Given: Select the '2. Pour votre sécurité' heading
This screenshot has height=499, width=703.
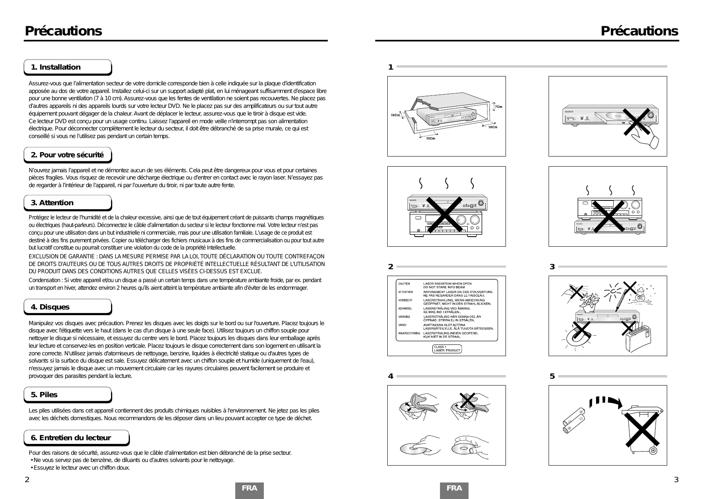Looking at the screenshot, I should (x=67, y=155).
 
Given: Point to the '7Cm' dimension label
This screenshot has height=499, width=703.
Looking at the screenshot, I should (x=498, y=107).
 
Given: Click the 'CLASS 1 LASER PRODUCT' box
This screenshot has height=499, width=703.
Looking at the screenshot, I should (x=447, y=349).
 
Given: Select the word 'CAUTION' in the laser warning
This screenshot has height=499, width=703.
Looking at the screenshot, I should (x=404, y=284).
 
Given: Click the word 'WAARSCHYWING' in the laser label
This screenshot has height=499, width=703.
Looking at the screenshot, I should (x=409, y=333).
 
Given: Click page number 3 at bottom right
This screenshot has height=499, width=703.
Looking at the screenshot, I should (x=676, y=479).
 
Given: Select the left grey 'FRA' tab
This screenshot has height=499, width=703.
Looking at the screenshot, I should (x=249, y=489).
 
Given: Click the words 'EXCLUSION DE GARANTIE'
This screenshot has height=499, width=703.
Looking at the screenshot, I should (x=60, y=256).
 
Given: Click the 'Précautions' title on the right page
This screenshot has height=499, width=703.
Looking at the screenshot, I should (x=639, y=31).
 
